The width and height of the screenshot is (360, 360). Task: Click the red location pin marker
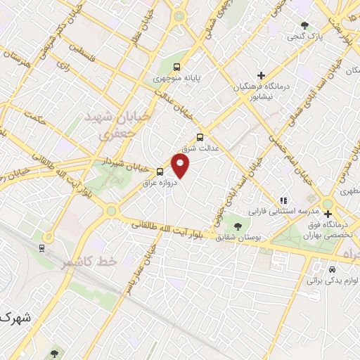(x=181, y=165)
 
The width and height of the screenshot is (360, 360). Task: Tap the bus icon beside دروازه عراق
(x=160, y=172)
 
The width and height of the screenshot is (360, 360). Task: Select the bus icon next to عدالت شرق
(x=200, y=138)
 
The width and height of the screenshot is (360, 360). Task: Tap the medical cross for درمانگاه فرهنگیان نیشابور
(x=261, y=75)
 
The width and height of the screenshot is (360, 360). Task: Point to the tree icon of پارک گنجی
(x=304, y=25)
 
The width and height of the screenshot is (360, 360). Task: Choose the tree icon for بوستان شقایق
(x=238, y=226)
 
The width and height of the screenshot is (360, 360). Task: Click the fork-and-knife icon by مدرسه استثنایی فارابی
(x=283, y=200)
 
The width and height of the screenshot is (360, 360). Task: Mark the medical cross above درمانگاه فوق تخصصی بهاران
(x=328, y=214)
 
